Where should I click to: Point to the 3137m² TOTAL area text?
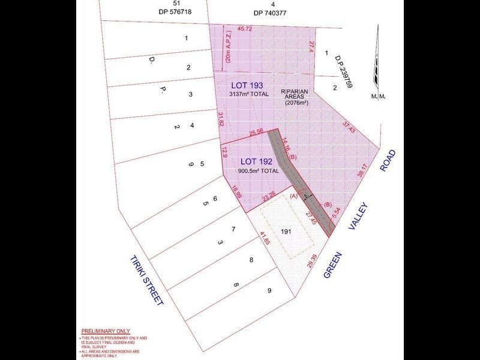(249, 95)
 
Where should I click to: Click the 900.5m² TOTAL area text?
(259, 171)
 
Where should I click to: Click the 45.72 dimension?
(245, 29)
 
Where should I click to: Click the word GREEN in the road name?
(333, 265)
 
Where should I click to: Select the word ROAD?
(388, 160)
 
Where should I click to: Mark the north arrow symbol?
(376, 60)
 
